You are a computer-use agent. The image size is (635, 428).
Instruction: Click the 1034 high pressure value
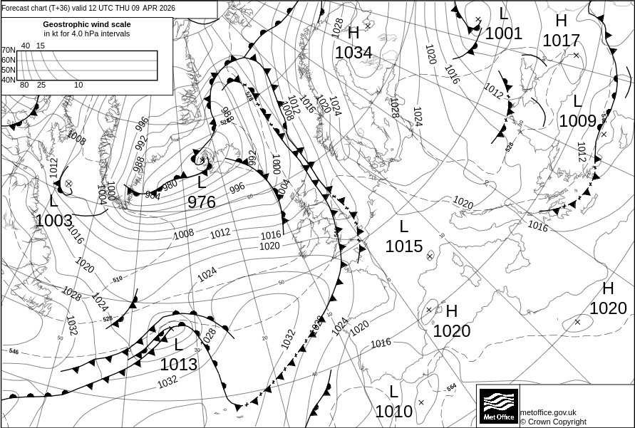click(353, 53)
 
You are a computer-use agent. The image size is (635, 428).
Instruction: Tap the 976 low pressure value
click(202, 202)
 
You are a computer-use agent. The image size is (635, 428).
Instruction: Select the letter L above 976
click(202, 182)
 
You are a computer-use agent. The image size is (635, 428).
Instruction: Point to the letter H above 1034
click(353, 33)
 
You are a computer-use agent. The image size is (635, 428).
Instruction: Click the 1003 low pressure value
click(53, 221)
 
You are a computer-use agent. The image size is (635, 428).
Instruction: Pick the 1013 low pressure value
click(178, 365)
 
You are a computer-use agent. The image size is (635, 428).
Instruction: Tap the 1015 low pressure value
click(404, 246)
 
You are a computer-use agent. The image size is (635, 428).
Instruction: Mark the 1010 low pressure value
click(394, 412)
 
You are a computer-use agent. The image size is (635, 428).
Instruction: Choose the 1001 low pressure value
click(504, 33)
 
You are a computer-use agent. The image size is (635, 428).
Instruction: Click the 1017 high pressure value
click(562, 41)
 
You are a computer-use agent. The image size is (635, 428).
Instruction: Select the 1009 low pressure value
click(577, 121)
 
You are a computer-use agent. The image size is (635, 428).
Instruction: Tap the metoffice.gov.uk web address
click(548, 412)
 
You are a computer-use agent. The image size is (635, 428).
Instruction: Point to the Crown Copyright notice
click(553, 422)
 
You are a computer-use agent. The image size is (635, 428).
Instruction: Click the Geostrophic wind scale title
click(87, 24)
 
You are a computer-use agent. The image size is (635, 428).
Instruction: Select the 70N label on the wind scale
click(8, 50)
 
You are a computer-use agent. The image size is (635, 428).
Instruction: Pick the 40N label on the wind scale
click(8, 80)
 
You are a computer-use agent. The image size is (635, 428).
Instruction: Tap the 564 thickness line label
click(451, 387)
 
